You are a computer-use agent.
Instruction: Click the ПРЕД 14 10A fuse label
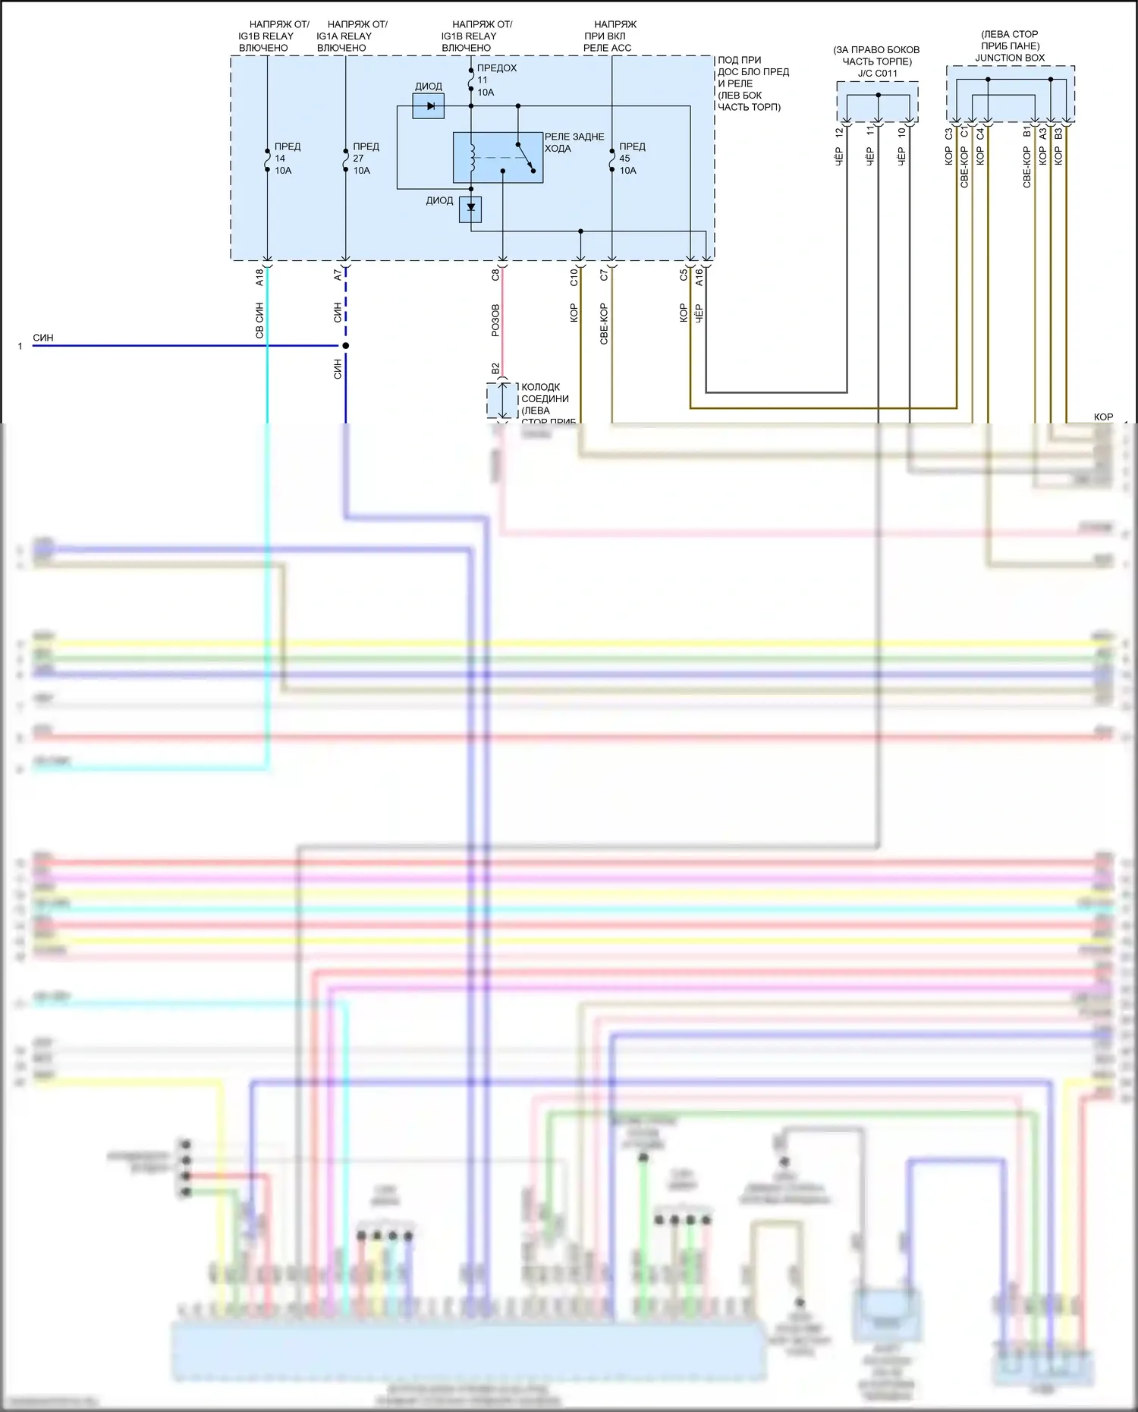point(286,159)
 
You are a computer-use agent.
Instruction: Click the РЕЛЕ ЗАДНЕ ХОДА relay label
point(574,143)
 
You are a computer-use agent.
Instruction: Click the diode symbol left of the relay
point(429,106)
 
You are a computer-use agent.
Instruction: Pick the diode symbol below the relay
point(470,209)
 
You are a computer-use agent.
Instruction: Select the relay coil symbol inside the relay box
point(473,157)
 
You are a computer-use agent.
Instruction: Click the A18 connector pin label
point(259,277)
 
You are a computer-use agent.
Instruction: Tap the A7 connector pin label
point(338,275)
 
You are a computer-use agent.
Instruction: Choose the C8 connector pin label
point(495,275)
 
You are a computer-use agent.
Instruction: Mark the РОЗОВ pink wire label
point(495,320)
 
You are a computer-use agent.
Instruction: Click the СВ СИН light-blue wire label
point(259,320)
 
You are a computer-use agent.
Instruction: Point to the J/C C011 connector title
point(877,74)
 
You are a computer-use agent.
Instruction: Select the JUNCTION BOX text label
point(1010,58)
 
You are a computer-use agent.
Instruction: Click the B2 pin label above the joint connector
point(495,369)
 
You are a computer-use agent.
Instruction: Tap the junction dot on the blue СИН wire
point(346,346)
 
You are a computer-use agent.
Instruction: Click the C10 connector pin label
point(574,277)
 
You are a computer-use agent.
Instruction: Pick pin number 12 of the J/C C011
point(839,133)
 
